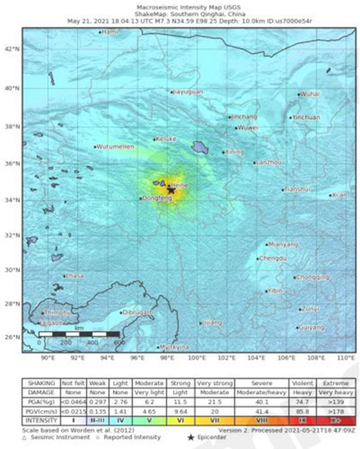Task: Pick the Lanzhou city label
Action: [269, 162]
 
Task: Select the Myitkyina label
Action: [175, 347]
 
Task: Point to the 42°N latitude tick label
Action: [12, 50]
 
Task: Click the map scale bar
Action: [79, 334]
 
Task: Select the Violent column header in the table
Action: [303, 383]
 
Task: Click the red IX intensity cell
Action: [303, 421]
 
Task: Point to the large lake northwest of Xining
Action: [200, 146]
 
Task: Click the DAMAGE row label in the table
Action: [41, 393]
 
